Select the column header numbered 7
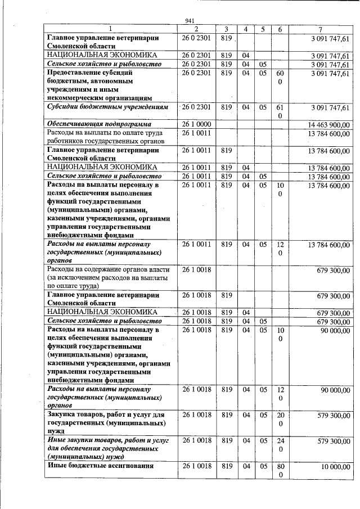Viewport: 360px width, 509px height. [319, 29]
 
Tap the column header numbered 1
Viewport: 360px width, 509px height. [110, 29]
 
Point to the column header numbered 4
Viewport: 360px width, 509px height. [245, 29]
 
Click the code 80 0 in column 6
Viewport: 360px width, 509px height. [280, 471]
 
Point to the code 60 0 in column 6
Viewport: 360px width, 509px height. [280, 78]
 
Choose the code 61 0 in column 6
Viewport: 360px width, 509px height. [280, 111]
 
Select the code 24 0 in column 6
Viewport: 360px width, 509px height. [280, 444]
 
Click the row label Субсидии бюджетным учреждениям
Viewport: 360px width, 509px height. [98, 107]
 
